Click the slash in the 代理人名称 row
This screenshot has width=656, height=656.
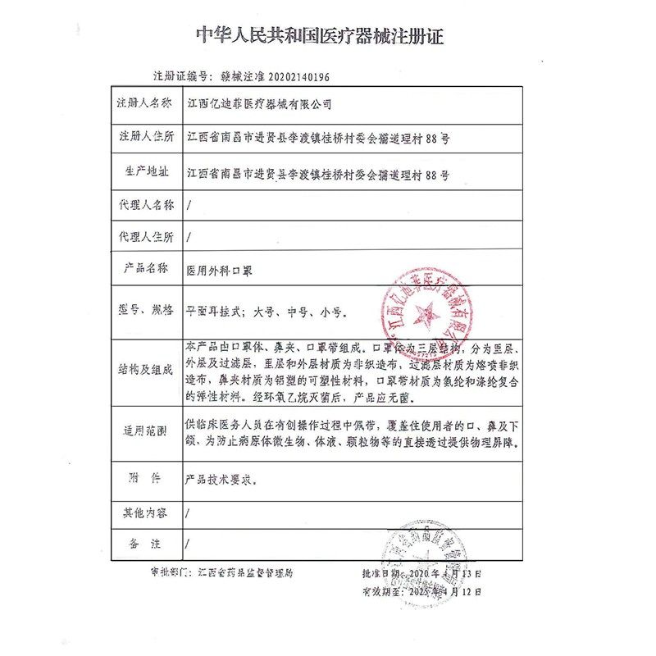[189, 205]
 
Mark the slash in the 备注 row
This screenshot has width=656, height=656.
[189, 543]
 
